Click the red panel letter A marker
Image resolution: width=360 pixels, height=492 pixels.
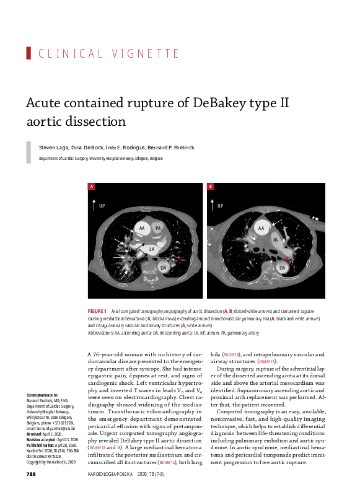tap(92, 187)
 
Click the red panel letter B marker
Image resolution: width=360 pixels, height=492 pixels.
tap(211, 187)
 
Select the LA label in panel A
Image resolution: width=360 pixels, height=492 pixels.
tap(151, 250)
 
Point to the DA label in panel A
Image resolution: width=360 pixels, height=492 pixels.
tap(164, 267)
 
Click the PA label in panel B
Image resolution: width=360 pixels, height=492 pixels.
tap(274, 239)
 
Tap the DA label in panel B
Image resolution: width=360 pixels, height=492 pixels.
tap(282, 268)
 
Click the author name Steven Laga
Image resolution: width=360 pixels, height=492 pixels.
tap(54, 147)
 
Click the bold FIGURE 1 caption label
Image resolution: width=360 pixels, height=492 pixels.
tap(97, 310)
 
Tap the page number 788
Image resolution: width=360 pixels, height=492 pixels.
tap(31, 474)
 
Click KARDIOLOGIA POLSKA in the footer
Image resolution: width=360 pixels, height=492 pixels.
tap(108, 474)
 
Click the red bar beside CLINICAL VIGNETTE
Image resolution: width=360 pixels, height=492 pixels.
tap(29, 53)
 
